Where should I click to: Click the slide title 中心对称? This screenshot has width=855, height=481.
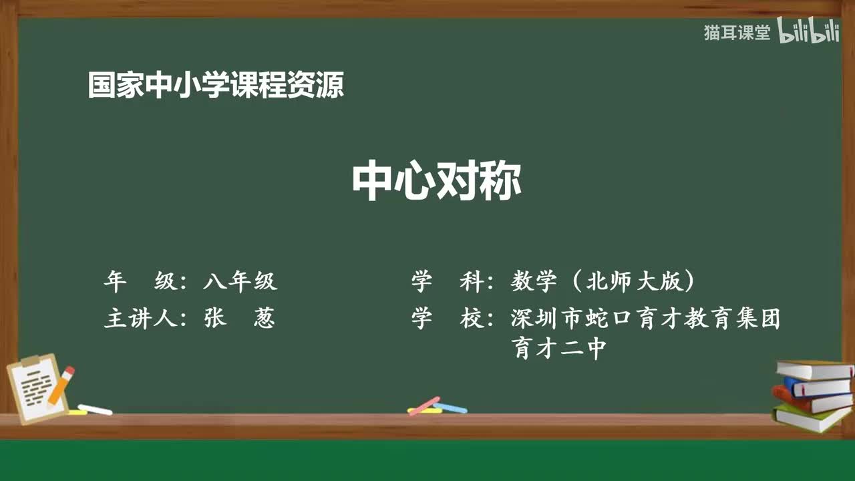pos(436,182)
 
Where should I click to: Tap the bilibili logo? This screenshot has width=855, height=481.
pos(808,32)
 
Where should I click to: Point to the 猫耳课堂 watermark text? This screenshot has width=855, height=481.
pos(737,33)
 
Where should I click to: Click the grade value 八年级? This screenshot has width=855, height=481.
pos(240,282)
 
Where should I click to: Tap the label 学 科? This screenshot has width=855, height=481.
pos(448,282)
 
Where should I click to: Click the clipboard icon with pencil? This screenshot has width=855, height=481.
pos(37,389)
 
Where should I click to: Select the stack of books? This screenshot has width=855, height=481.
pos(812,394)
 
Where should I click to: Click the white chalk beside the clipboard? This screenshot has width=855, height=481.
pos(95,410)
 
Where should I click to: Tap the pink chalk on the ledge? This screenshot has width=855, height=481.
pos(424,406)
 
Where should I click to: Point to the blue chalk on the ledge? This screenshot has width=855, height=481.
pos(450,408)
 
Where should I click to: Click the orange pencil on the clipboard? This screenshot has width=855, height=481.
pos(61,385)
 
